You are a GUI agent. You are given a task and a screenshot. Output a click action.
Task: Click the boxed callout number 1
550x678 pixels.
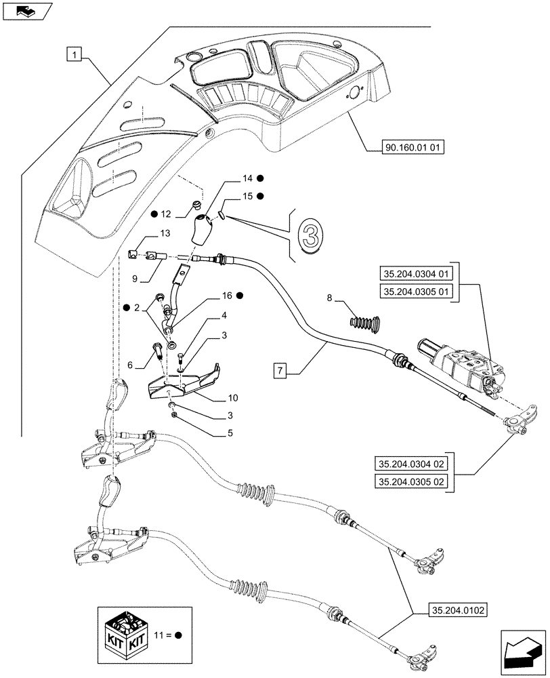point(75,53)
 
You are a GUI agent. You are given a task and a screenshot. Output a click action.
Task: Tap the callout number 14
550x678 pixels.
point(246,178)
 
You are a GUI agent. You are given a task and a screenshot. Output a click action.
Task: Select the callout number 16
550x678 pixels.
point(227,296)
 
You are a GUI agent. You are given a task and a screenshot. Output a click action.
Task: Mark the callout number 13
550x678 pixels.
point(165,233)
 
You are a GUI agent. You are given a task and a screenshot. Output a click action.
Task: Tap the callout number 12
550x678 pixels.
point(165,214)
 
